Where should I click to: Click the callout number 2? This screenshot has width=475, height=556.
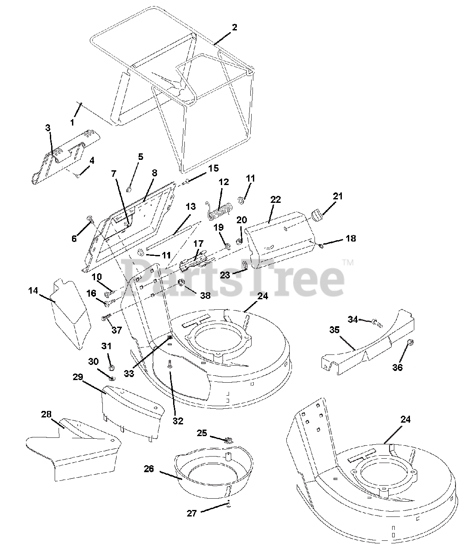tap(234, 27)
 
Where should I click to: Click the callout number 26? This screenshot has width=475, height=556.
tap(149, 468)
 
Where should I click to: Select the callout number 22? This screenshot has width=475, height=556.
tap(275, 199)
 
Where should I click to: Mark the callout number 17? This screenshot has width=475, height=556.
tap(198, 244)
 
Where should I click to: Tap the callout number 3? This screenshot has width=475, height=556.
tap(48, 128)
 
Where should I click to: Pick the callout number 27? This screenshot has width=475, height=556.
tap(192, 513)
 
